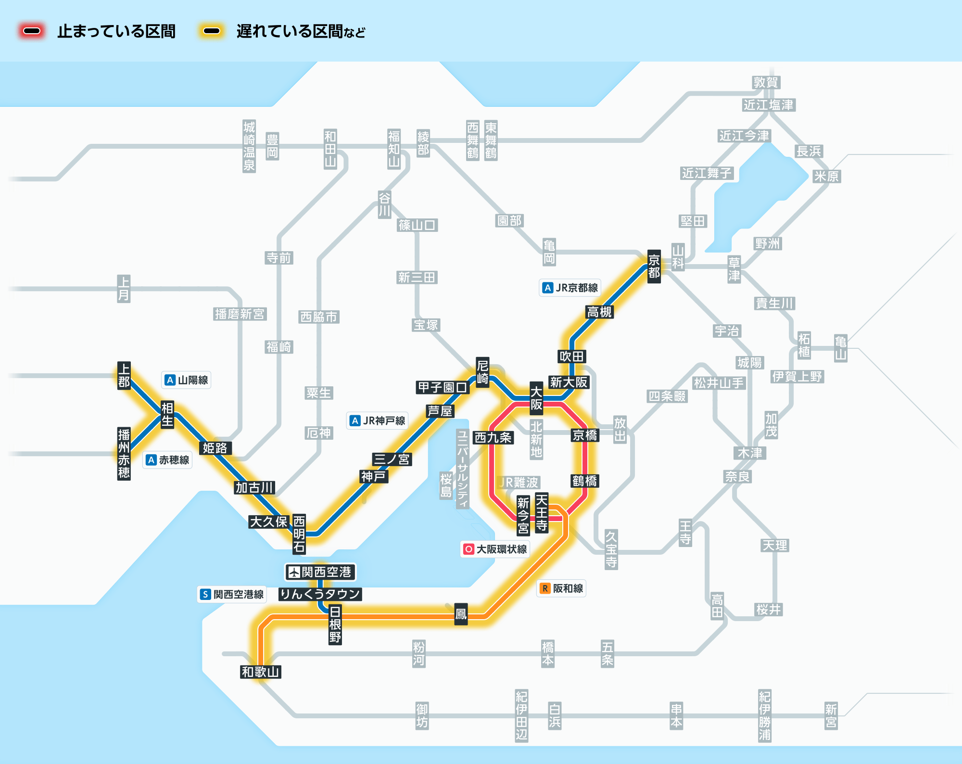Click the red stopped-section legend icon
(32, 31)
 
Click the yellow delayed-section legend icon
(212, 31)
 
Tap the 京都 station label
(654, 267)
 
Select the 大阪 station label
(536, 398)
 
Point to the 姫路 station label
(215, 448)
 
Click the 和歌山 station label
(260, 672)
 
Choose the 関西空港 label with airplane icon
(320, 572)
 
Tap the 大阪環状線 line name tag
(495, 549)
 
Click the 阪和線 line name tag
(561, 588)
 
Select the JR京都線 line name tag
(570, 288)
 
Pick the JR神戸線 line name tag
(378, 420)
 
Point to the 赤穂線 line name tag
(168, 460)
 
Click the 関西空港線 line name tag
(232, 594)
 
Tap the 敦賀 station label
(766, 82)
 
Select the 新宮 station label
(831, 715)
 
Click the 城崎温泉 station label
(249, 146)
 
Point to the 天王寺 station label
(542, 513)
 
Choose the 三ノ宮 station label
(392, 459)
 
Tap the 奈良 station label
(737, 476)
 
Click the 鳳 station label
(461, 614)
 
